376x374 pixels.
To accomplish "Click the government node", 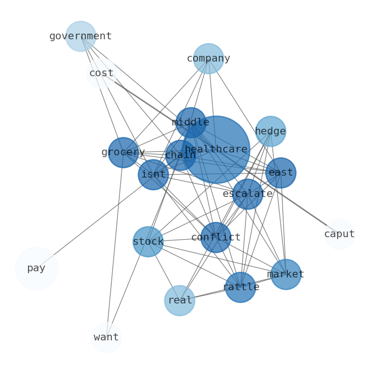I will tap(81, 36).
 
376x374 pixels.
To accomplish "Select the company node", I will tap(208, 59).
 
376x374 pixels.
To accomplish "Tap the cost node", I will tap(101, 73).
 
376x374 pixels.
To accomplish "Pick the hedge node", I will tap(270, 131).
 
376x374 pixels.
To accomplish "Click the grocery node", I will tap(123, 152).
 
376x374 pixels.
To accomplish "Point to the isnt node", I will tap(153, 175).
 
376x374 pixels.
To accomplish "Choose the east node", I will tap(281, 173).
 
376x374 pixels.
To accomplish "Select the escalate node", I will tap(248, 194).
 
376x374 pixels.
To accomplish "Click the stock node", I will tap(148, 242).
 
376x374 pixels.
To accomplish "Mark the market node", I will tap(286, 275).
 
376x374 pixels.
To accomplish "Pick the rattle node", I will tap(241, 287).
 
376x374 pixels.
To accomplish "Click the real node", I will tap(180, 301).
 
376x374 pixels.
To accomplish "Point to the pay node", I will tap(36, 268).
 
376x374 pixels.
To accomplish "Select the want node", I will tap(106, 338).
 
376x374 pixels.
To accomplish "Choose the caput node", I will tap(340, 234).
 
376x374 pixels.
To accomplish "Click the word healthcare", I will tap(216, 150).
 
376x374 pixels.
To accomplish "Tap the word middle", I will tap(190, 123).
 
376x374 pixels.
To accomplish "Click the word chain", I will tap(180, 155).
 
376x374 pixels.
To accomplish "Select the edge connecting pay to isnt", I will tap(95, 222).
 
